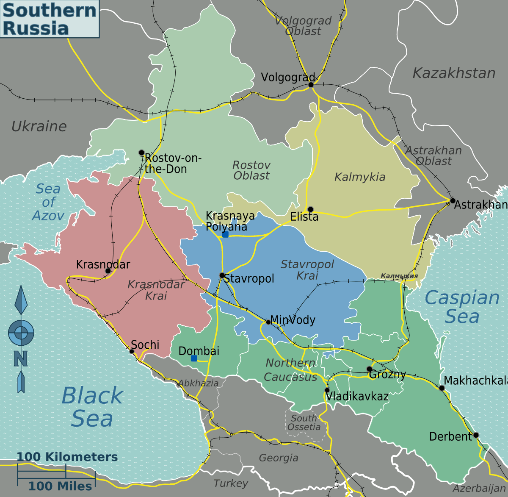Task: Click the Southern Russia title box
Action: point(50,19)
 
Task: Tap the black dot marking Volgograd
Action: point(311,85)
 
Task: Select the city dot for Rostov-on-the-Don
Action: point(141,153)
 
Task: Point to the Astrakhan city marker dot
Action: point(453,201)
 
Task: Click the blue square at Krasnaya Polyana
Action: point(225,234)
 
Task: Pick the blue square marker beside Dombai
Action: point(194,358)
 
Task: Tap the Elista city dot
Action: point(310,209)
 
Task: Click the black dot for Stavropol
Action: point(222,275)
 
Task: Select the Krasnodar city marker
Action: point(108,271)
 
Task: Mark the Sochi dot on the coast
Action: point(132,351)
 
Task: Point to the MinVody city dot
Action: point(268,322)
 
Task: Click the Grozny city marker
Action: point(369,369)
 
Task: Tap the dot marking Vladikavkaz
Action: point(327,390)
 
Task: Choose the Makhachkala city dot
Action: point(442,388)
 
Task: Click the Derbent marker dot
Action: point(476,435)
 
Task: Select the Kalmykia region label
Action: point(360,177)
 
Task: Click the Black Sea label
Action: point(92,407)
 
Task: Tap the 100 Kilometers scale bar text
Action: point(67,457)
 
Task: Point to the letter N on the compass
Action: point(20,358)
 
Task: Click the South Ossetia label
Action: point(304,422)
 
